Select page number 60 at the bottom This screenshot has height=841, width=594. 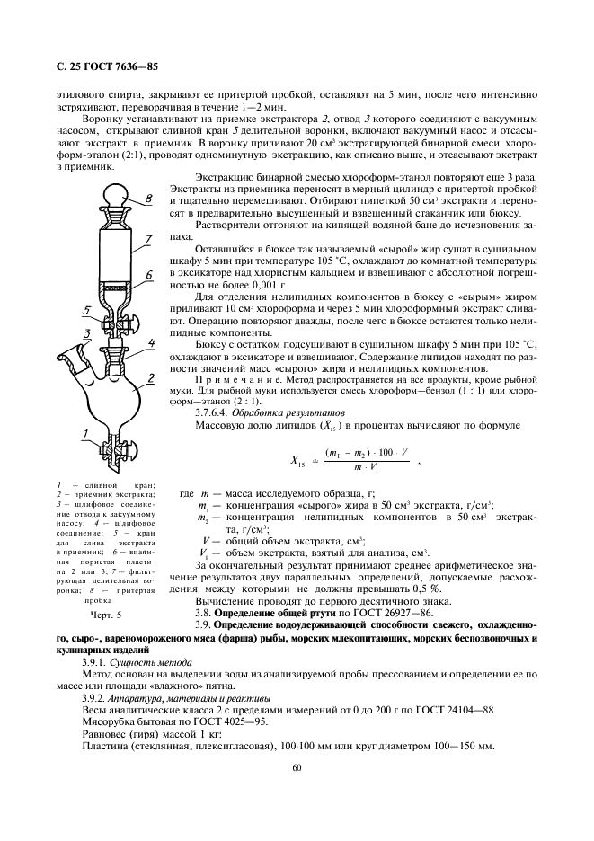coord(297,767)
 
